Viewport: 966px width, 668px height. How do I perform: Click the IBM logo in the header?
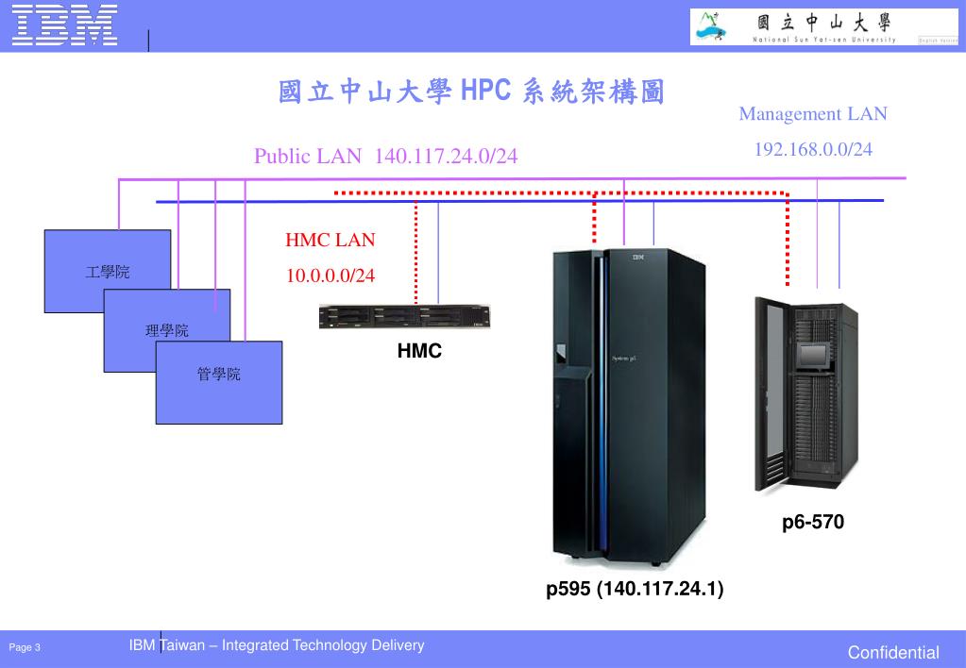click(65, 25)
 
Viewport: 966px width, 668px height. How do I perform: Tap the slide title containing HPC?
click(470, 92)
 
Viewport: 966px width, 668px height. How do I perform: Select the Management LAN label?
click(813, 114)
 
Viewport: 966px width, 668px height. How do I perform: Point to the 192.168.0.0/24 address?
click(813, 149)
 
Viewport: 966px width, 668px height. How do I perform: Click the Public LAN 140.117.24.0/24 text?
click(385, 156)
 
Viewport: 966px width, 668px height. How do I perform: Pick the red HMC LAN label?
click(330, 240)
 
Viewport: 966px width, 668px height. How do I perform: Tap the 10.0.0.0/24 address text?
click(330, 276)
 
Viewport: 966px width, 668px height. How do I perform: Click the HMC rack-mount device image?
click(404, 317)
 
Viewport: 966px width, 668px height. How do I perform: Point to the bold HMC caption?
click(419, 352)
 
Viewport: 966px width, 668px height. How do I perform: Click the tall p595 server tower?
click(628, 406)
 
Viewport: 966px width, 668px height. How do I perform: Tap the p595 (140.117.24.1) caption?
click(635, 590)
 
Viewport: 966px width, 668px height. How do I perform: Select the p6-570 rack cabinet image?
click(805, 394)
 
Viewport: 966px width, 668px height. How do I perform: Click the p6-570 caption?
click(812, 522)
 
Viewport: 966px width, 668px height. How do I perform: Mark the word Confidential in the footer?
click(892, 652)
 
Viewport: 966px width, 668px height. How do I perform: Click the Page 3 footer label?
click(25, 647)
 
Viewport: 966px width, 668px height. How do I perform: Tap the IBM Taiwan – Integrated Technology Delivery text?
click(277, 645)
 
